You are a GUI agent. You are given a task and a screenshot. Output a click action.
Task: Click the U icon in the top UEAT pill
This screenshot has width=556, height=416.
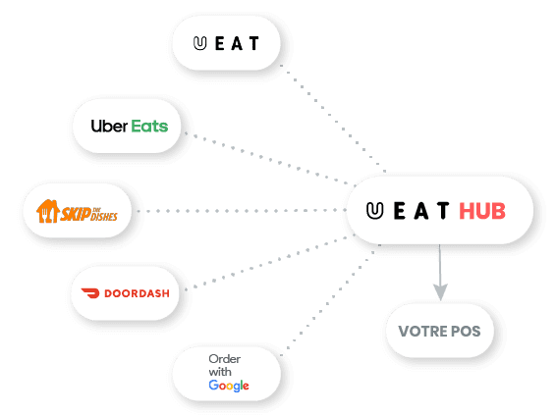point(200,43)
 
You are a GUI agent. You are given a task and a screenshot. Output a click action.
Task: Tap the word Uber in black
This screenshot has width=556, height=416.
point(109,126)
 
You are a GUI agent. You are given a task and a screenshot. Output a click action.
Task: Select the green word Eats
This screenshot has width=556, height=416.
point(149,126)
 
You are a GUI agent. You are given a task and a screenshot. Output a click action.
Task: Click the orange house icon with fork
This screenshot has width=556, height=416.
point(47,211)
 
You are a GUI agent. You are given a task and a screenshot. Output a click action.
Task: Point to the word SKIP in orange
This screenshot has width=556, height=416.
point(76,213)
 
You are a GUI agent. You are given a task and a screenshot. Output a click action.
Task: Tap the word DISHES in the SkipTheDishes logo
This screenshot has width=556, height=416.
point(104,216)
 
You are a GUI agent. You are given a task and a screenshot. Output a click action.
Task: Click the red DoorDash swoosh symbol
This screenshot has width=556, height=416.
point(90,292)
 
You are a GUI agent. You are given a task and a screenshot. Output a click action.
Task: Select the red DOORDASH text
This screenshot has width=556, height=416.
point(137,293)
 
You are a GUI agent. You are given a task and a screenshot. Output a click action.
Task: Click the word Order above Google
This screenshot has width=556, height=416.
point(224,359)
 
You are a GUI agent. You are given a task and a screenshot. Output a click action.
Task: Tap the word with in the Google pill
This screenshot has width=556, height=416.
point(220,372)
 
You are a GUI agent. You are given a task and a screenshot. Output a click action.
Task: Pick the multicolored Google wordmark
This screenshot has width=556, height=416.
point(229,386)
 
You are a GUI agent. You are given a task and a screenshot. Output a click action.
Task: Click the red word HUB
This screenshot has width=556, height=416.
point(482,211)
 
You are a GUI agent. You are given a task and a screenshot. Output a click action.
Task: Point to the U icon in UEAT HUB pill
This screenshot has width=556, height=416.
point(375,211)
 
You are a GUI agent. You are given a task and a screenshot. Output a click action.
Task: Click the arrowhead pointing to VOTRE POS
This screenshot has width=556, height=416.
point(440,291)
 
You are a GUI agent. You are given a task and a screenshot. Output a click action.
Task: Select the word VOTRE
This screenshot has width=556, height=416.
point(422,332)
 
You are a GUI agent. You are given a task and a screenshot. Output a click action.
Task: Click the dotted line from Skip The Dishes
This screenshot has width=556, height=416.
point(241,211)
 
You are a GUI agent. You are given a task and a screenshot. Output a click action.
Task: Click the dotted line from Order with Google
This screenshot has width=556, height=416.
point(330,300)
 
